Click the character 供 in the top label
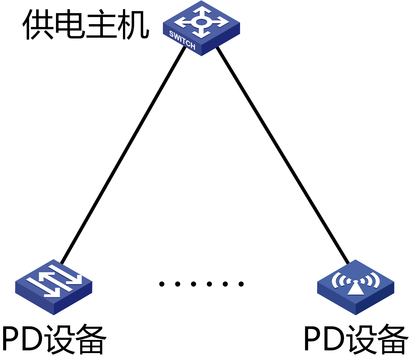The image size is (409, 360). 38,24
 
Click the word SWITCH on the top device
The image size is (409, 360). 182,40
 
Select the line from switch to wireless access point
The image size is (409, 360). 282,155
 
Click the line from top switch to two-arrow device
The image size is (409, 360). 124,155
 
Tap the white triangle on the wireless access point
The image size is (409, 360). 355,289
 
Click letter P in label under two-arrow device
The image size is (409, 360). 12,339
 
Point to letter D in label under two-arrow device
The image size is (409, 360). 34,339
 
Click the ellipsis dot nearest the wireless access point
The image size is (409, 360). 241,284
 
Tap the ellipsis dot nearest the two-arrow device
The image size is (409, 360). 162,284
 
